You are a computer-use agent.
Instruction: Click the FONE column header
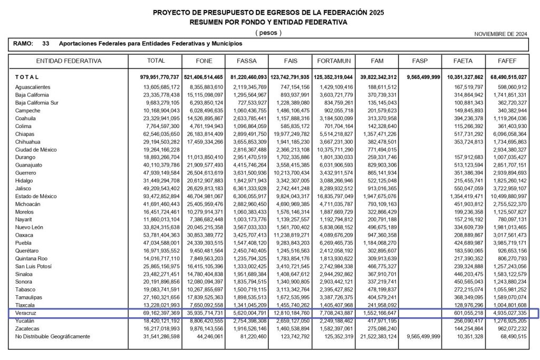click(x=204, y=61)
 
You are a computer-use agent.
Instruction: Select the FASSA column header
click(x=247, y=61)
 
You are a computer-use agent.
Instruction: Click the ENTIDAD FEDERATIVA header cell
click(x=69, y=61)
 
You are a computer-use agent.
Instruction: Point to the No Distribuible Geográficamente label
click(x=53, y=336)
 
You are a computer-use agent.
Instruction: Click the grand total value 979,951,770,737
click(x=156, y=77)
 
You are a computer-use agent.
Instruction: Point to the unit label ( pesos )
click(x=268, y=33)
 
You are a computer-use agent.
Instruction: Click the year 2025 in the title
click(x=373, y=12)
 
